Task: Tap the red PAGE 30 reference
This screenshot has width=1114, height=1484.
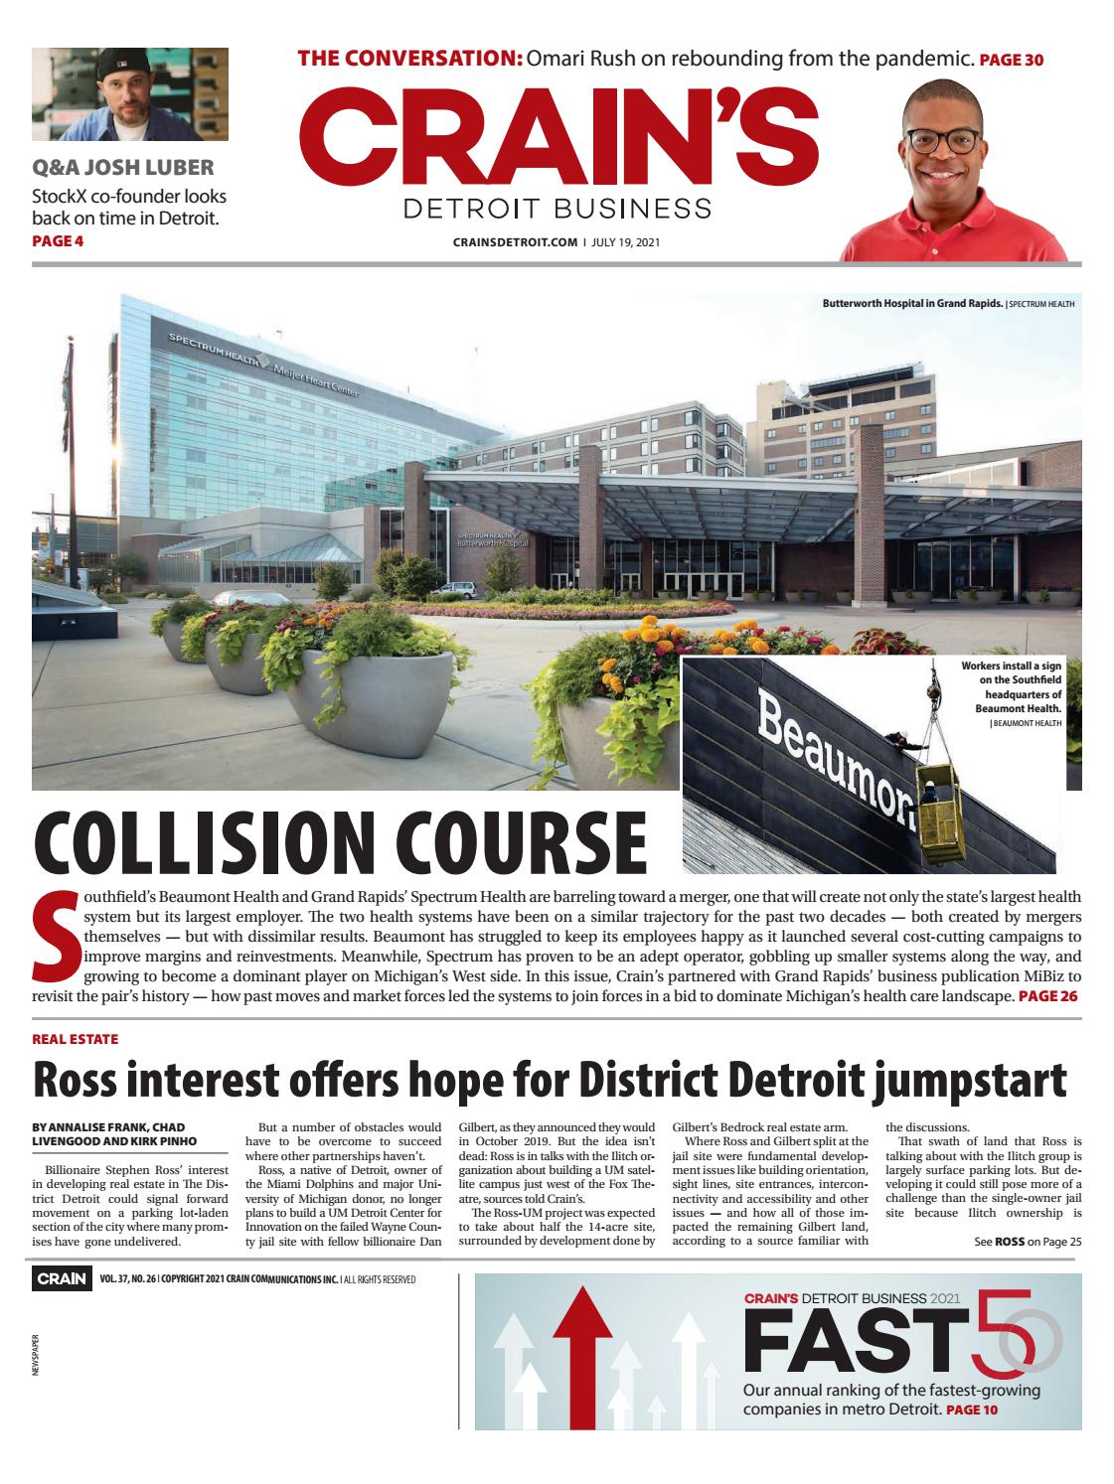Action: (x=1011, y=60)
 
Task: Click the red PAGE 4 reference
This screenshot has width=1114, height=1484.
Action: (x=58, y=240)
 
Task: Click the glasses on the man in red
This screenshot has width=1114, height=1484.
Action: (x=940, y=139)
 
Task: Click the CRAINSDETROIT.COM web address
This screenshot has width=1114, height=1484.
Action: (x=515, y=241)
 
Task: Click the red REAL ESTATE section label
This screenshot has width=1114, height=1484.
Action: (x=75, y=1038)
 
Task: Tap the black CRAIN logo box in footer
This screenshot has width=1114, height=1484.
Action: (x=62, y=1279)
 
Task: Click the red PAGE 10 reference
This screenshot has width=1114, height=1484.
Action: (x=971, y=1410)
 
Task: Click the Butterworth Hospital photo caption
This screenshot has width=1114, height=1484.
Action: (x=912, y=302)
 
